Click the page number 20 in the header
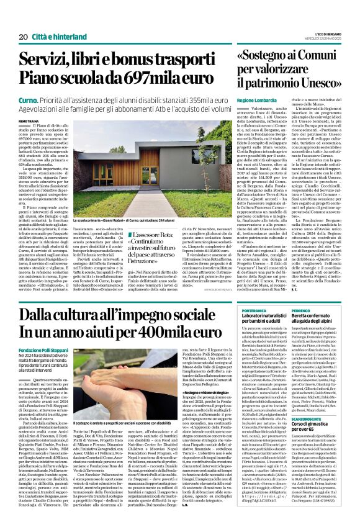(23, 37)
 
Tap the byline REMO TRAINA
(29, 122)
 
